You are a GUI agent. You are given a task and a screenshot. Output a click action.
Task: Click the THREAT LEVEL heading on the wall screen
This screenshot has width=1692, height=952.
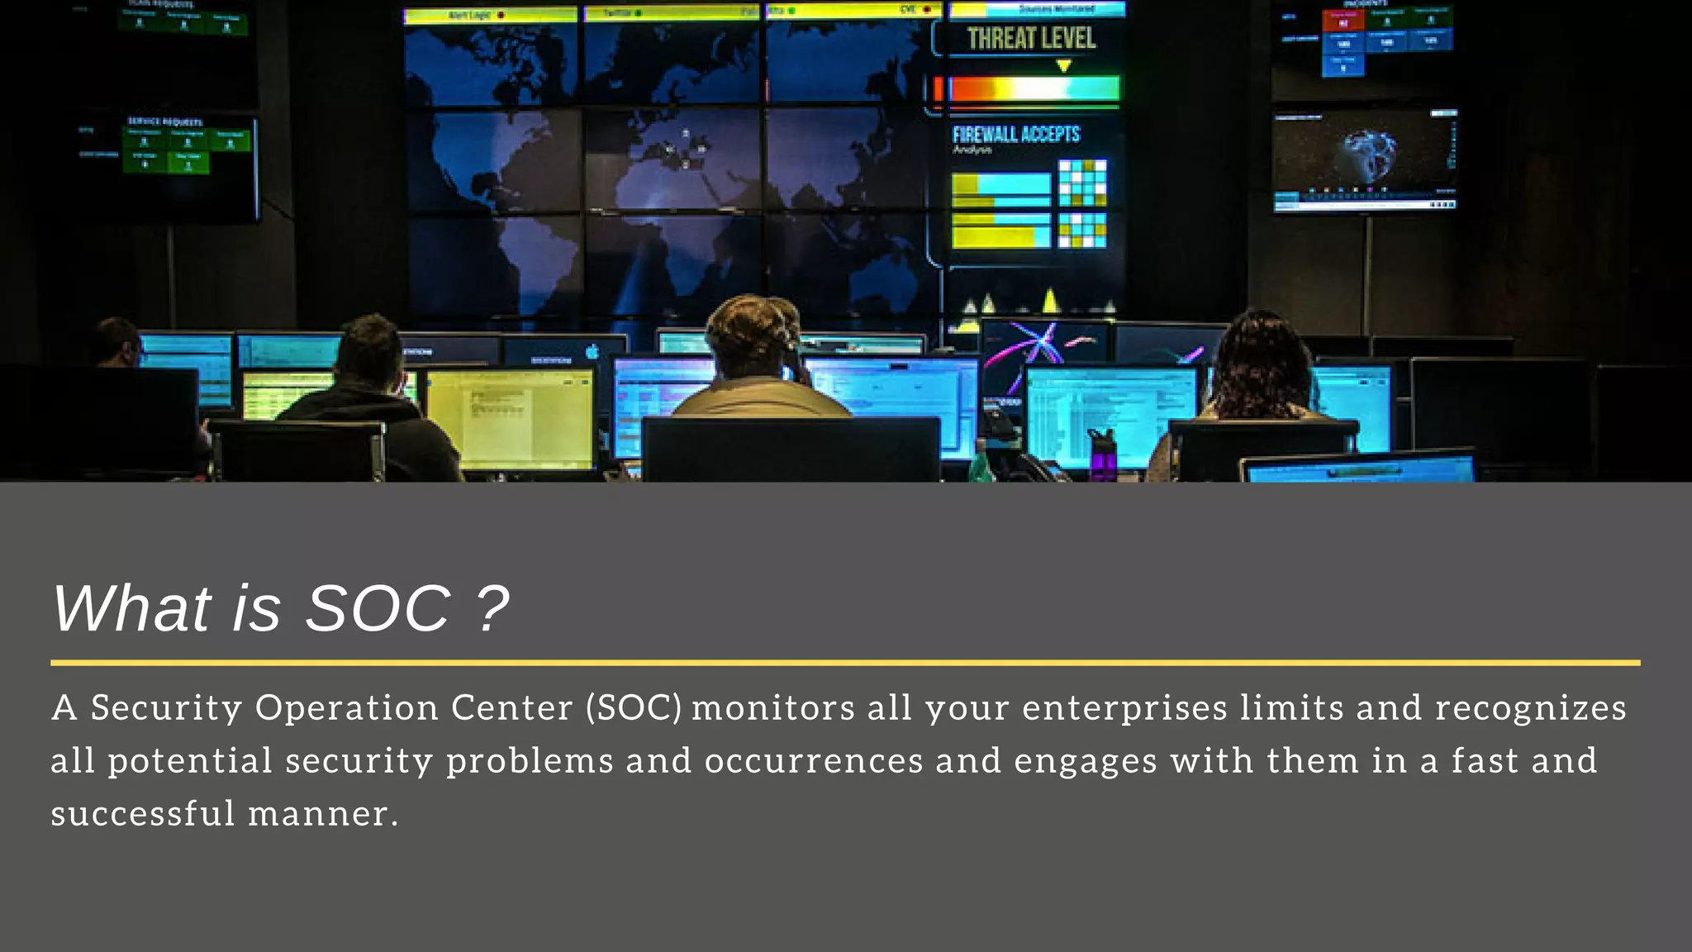1031,39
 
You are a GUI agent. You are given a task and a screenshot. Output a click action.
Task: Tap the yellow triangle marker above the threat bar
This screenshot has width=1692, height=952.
1064,66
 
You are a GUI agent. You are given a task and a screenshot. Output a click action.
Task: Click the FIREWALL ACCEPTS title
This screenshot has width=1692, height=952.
1015,135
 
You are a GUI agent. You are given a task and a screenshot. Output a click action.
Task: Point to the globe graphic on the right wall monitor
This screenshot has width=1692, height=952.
1369,153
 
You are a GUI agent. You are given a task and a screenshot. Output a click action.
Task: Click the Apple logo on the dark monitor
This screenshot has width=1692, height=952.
592,352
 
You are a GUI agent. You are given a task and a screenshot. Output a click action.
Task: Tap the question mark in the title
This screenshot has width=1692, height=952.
493,609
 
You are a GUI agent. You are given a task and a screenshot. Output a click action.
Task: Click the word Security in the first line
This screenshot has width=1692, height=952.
166,708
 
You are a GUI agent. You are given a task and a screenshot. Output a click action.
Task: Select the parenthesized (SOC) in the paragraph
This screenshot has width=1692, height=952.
634,708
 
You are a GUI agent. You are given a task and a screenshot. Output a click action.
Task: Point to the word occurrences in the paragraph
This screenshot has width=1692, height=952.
813,761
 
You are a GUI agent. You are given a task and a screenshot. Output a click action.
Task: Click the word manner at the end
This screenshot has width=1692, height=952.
317,814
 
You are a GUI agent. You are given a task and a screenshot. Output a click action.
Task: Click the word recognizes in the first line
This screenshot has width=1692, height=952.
1530,708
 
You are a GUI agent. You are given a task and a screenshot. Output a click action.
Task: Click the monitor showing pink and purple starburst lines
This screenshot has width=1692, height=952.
1043,347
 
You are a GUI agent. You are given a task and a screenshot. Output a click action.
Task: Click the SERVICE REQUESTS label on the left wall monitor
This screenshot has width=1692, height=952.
164,121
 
